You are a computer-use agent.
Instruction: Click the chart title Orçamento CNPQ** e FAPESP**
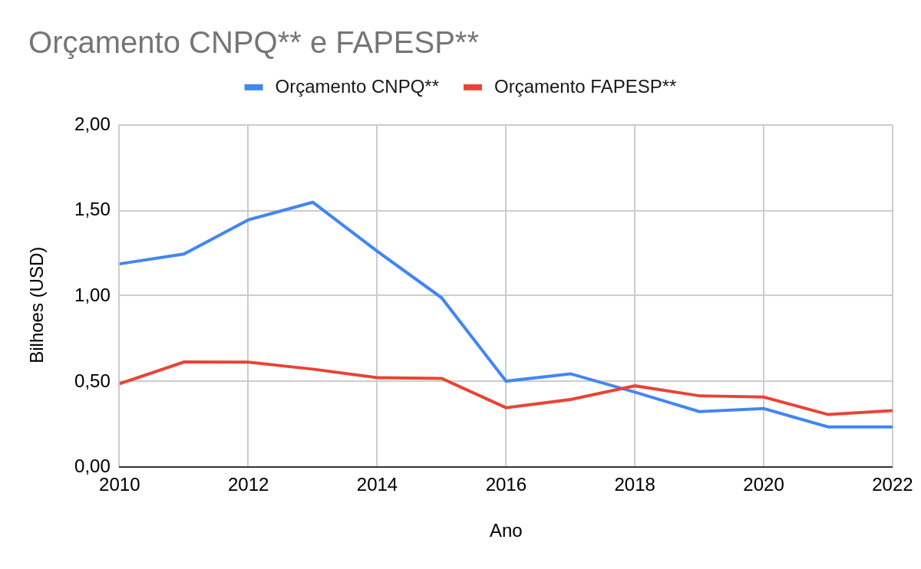point(253,43)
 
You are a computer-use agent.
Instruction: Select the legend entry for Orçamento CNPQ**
point(356,87)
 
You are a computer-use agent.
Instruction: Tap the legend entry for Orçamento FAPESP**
point(585,87)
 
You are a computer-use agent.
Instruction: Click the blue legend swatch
point(254,87)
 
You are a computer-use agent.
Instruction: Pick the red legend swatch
point(473,87)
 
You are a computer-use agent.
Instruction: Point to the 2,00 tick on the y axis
point(92,124)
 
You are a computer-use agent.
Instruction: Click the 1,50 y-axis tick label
point(92,210)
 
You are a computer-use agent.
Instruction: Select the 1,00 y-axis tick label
point(92,295)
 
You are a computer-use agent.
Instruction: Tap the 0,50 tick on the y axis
point(92,381)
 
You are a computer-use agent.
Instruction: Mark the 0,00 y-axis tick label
point(92,466)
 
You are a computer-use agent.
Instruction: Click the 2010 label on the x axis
point(120,485)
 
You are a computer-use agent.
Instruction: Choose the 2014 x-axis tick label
point(377,485)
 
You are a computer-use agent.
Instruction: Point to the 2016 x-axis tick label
point(506,485)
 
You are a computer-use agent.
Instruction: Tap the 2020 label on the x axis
point(764,485)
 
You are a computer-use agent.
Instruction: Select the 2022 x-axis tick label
point(892,485)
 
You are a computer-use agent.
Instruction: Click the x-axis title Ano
point(506,531)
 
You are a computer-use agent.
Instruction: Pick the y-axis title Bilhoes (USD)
point(37,304)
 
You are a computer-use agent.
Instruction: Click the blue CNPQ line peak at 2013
point(312,202)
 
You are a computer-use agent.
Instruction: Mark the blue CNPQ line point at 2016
point(506,381)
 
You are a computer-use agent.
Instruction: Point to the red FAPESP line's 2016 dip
point(506,407)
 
